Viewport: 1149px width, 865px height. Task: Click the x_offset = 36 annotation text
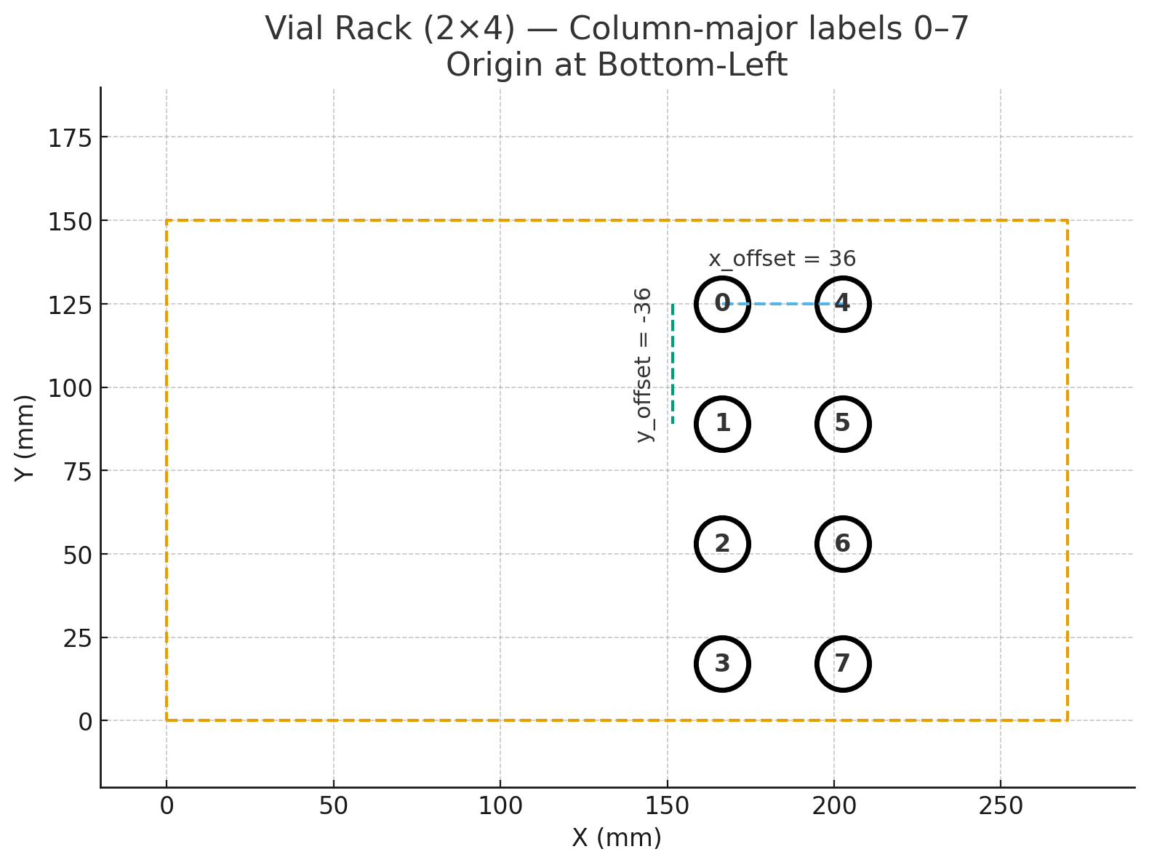(x=782, y=259)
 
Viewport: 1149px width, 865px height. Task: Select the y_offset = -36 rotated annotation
(x=643, y=365)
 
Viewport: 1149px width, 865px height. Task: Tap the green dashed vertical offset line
(x=673, y=363)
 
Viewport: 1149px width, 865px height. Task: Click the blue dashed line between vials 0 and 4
(x=782, y=304)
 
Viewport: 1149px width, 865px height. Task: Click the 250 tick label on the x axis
(x=1001, y=806)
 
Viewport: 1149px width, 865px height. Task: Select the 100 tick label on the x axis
(x=500, y=806)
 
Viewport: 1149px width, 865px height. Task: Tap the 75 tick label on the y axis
(x=78, y=472)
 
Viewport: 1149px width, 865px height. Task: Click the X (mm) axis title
(x=617, y=838)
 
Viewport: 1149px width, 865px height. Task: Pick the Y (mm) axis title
(x=25, y=438)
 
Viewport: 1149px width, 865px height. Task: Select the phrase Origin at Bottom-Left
(x=617, y=65)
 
